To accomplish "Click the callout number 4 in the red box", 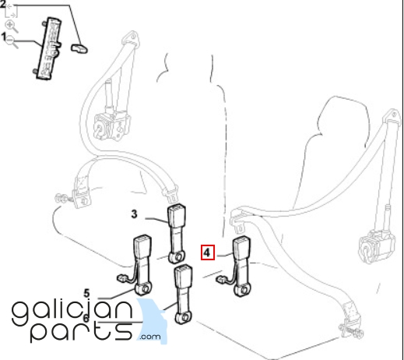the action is [206, 252].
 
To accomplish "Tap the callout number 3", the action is [134, 214].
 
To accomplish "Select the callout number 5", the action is [86, 293].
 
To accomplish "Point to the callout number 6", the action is [86, 318].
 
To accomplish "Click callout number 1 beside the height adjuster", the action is [3, 37].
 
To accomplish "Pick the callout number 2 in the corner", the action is [2, 5].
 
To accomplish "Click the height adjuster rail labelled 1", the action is [48, 48].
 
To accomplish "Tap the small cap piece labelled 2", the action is [79, 48].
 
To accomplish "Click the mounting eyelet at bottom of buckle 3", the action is [177, 257].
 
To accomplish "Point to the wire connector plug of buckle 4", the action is [220, 280].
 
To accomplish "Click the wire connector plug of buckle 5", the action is [121, 278].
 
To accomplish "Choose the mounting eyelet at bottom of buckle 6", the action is [184, 317].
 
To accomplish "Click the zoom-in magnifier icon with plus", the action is [11, 26].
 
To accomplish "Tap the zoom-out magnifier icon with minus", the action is [12, 42].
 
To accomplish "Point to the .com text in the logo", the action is [150, 337].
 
